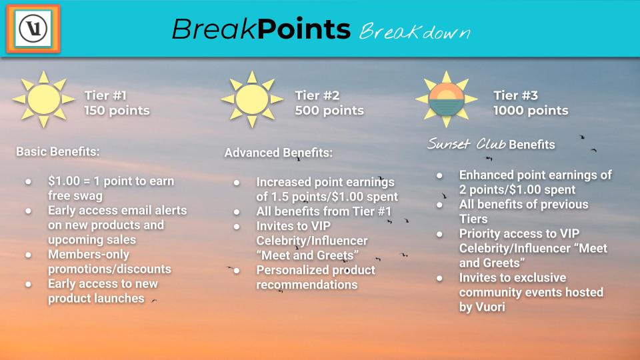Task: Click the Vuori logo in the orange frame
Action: pyautogui.click(x=33, y=29)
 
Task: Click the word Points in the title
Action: pyautogui.click(x=304, y=29)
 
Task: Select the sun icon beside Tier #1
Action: pyautogui.click(x=44, y=99)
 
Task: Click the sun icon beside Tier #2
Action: pyautogui.click(x=252, y=99)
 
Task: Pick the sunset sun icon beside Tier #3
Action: pyautogui.click(x=447, y=99)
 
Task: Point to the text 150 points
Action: pyautogui.click(x=117, y=111)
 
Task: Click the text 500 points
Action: pyautogui.click(x=329, y=111)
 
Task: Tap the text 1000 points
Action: pyautogui.click(x=531, y=111)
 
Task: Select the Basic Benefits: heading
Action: pyautogui.click(x=58, y=152)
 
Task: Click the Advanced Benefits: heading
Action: pyautogui.click(x=279, y=153)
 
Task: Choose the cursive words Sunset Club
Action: pyautogui.click(x=467, y=144)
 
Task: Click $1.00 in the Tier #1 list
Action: pyautogui.click(x=64, y=181)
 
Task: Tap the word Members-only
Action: pyautogui.click(x=89, y=255)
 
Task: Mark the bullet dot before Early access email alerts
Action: pyautogui.click(x=28, y=211)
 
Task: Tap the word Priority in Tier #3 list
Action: pyautogui.click(x=479, y=234)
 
